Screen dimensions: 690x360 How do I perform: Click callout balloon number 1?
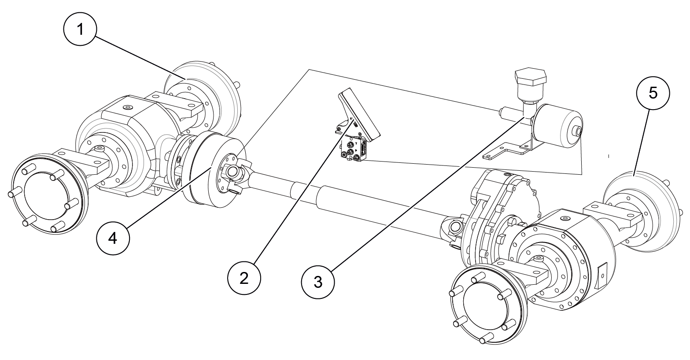(80, 29)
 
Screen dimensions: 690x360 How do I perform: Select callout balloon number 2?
(244, 279)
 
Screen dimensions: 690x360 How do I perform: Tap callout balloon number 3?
(318, 282)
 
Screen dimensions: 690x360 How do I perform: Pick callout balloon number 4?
(113, 238)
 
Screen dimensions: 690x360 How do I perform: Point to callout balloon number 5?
(653, 93)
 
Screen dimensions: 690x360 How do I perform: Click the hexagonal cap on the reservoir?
(531, 78)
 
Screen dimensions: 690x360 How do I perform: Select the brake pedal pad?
(360, 114)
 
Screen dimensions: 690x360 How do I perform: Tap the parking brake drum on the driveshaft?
(213, 169)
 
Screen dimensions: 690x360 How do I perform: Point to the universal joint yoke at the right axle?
(453, 229)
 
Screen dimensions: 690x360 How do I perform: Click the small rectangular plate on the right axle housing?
(601, 276)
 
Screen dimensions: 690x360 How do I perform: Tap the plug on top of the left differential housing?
(127, 107)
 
